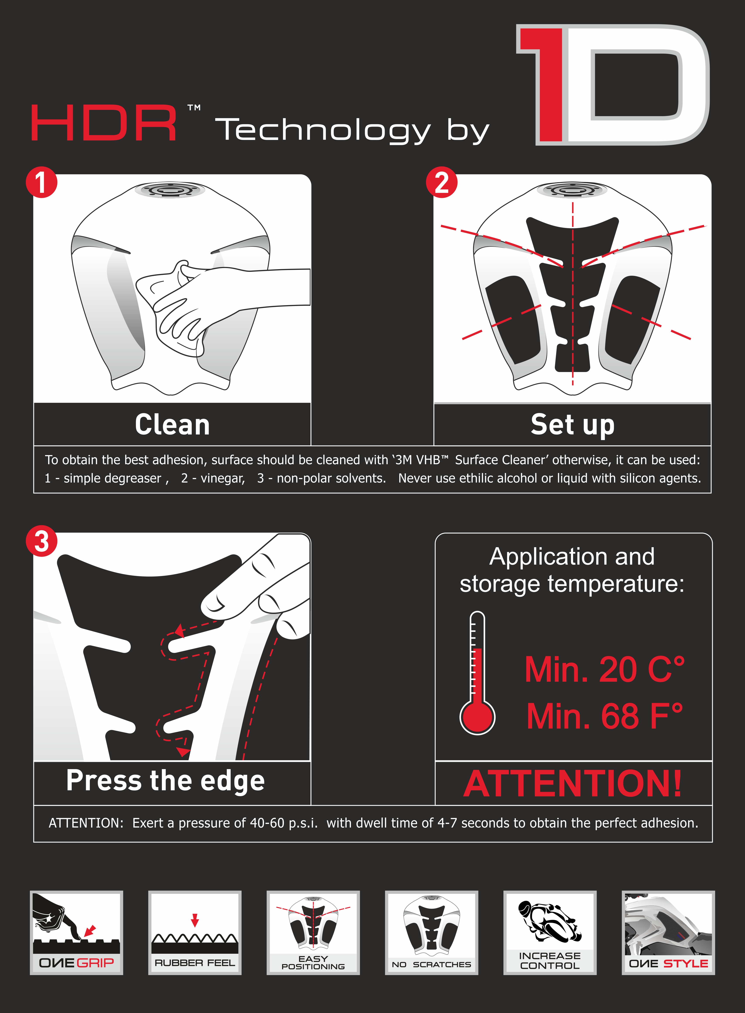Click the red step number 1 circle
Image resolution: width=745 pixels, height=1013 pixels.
click(x=41, y=182)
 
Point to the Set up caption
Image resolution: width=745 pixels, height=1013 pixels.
click(x=572, y=425)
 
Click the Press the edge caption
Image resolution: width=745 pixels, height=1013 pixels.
click(x=166, y=782)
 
